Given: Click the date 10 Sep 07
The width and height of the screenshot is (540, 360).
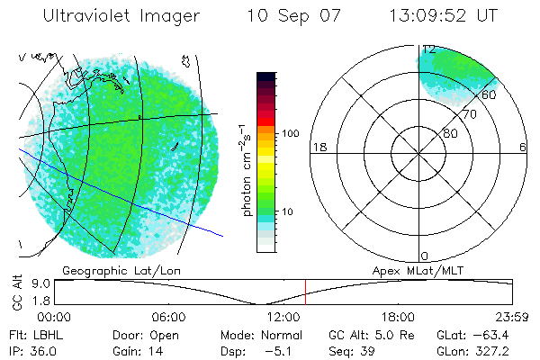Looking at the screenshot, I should (x=289, y=15).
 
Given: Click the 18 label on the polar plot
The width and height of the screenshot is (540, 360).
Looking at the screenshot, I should (x=318, y=147).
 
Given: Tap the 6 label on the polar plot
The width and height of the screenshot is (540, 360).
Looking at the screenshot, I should (x=523, y=147).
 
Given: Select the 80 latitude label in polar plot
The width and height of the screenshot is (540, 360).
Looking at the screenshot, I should (x=450, y=133).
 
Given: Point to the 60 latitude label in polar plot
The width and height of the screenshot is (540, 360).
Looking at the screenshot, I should (x=489, y=94).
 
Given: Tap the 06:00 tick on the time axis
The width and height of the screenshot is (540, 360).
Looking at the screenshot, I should (x=168, y=317).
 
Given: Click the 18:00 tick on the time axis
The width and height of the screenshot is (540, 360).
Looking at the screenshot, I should (x=398, y=317).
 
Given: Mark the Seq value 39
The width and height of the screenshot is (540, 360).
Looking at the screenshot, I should (x=368, y=349).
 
